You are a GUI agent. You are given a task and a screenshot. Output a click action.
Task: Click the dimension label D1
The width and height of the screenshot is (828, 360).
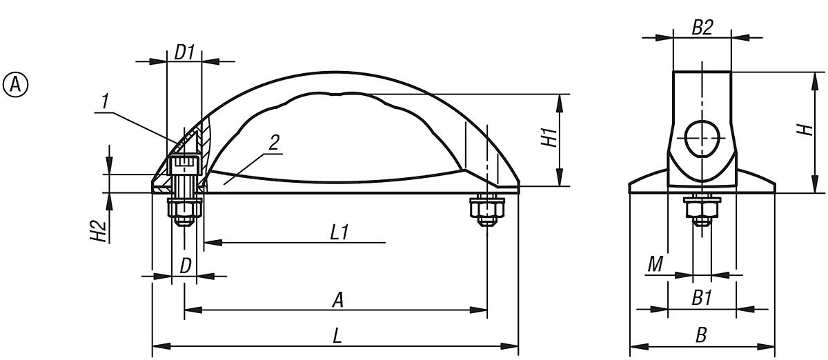184,52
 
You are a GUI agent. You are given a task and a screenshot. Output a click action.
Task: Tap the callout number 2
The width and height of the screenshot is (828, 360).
274,143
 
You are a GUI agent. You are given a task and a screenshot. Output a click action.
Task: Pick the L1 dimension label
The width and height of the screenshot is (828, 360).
338,232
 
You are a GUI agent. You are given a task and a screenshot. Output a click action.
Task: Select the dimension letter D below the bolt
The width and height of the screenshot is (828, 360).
186,265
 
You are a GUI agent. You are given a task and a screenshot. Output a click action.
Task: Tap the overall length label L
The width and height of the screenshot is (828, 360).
337,336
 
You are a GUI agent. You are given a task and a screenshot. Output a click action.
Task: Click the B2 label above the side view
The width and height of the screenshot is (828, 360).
702,28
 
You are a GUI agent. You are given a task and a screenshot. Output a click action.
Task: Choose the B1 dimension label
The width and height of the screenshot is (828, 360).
702,299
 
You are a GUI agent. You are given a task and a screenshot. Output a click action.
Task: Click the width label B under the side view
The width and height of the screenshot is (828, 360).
701,336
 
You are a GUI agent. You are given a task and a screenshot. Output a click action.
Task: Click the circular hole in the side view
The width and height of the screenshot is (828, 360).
702,138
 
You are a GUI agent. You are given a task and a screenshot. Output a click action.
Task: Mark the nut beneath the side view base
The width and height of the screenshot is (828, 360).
702,210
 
